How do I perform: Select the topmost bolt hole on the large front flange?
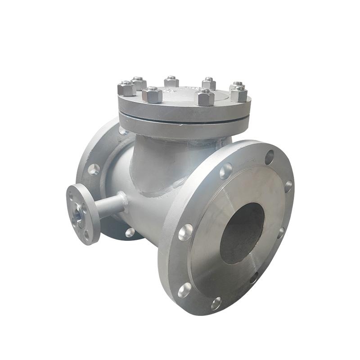pos(269,157)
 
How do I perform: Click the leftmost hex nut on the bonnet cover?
pos(126,88)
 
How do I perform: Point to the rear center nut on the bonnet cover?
pos(171,81)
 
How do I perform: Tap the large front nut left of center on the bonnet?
pos(152,94)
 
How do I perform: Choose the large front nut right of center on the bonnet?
pos(206,97)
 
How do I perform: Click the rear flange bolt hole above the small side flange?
pos(94,169)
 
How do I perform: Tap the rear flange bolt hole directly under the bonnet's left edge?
pos(123,130)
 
